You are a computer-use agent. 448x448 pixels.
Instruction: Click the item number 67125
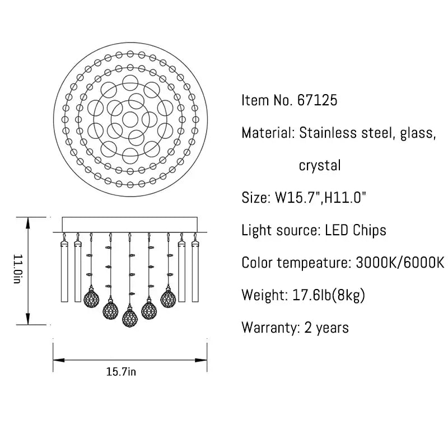pyautogui.click(x=317, y=100)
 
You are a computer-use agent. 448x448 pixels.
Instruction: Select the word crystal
pyautogui.click(x=320, y=165)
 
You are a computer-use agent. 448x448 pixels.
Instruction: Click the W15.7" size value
pyautogui.click(x=298, y=198)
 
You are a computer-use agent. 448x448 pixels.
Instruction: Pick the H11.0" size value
pyautogui.click(x=345, y=198)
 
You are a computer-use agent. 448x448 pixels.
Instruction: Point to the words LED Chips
pyautogui.click(x=356, y=230)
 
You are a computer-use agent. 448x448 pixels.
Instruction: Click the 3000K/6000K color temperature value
pyautogui.click(x=400, y=263)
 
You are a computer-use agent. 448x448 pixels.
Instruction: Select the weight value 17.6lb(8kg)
pyautogui.click(x=329, y=295)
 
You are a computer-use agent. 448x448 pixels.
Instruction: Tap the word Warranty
pyautogui.click(x=269, y=328)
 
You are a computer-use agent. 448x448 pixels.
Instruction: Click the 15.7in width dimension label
pyautogui.click(x=121, y=372)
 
